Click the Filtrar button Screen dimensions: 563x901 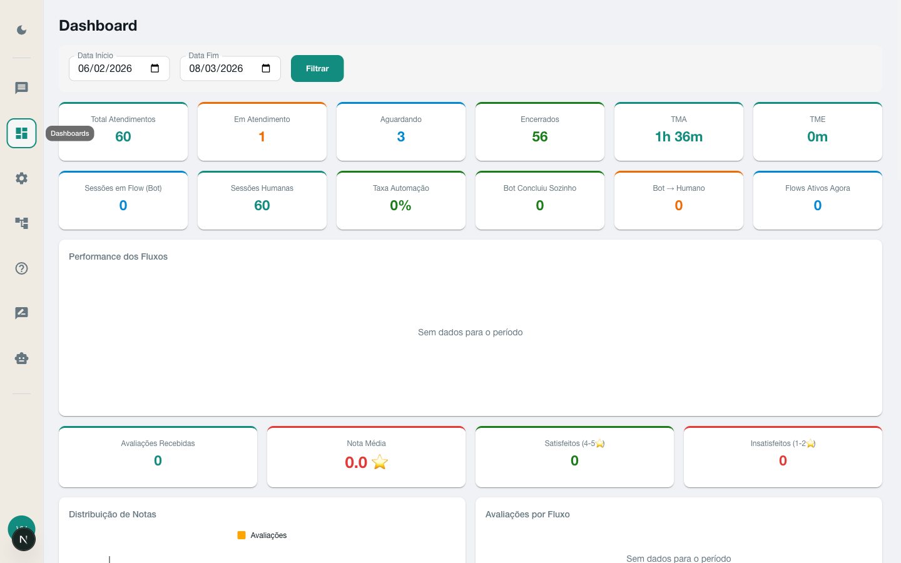(317, 69)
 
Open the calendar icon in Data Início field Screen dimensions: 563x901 (155, 69)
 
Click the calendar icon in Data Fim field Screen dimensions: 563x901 (266, 69)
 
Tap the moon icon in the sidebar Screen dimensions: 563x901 (22, 30)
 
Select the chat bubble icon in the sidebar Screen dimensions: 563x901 (22, 88)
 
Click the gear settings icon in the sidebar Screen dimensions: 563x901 (22, 178)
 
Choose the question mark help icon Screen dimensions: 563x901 (22, 268)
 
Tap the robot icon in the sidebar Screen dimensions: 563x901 (22, 358)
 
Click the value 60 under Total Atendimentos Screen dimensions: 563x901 (123, 137)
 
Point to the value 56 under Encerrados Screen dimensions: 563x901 (540, 137)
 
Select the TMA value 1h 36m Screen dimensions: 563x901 (679, 137)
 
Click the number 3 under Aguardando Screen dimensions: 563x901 (401, 137)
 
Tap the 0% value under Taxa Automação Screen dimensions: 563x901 (401, 206)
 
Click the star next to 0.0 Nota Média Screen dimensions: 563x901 (380, 462)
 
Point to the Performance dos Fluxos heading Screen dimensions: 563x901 (118, 256)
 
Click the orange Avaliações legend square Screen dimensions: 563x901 (242, 535)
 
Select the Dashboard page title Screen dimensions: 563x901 (98, 26)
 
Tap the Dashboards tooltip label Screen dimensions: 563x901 (70, 133)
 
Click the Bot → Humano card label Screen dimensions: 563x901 (679, 188)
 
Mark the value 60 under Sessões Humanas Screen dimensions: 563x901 (262, 206)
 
